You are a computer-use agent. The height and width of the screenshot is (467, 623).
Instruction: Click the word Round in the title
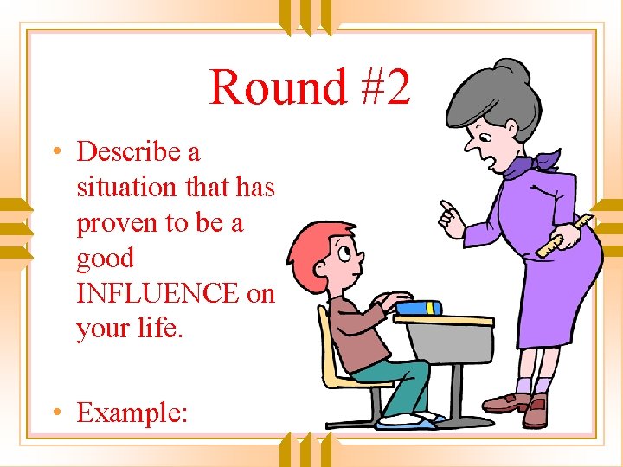tap(278, 88)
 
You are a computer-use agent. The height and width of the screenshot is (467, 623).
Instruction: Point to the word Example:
tap(132, 413)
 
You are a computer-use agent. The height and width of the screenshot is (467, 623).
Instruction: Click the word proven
tap(112, 223)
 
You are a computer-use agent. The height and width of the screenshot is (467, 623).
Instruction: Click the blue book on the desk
tap(420, 307)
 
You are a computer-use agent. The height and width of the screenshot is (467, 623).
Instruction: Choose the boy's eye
tap(344, 253)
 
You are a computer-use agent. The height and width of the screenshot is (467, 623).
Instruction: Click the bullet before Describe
tap(56, 152)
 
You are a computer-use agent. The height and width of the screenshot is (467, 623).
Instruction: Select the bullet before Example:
tap(56, 413)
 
